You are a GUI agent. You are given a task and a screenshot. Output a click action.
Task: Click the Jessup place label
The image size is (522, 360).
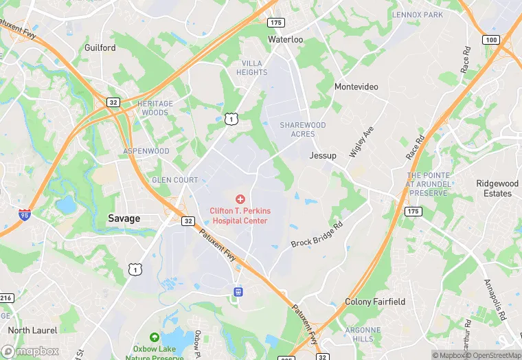tap(323, 155)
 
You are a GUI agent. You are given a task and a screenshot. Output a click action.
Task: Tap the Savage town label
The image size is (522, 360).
tap(124, 218)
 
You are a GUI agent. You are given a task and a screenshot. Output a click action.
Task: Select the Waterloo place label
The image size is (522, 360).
tap(285, 40)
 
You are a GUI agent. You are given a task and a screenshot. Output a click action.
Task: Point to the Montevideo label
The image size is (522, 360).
tap(356, 87)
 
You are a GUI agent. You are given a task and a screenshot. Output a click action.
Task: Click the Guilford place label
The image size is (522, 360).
tap(100, 48)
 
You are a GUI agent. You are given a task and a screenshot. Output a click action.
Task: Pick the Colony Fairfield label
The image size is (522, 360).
tap(375, 302)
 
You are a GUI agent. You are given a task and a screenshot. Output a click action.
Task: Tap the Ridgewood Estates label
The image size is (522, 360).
tap(497, 188)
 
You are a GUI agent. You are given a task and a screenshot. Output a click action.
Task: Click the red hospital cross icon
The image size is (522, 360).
tap(240, 199)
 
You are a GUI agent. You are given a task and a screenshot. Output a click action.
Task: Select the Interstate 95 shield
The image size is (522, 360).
tap(25, 215)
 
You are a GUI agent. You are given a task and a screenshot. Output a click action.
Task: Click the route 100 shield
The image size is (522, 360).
tap(490, 39)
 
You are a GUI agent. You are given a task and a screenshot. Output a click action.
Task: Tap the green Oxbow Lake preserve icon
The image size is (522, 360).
tap(155, 337)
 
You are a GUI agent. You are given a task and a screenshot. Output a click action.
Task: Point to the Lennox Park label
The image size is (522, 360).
tap(418, 14)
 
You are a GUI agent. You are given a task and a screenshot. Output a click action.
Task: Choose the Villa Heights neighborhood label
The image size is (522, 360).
tap(251, 67)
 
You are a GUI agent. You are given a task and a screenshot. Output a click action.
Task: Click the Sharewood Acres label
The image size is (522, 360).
tap(302, 129)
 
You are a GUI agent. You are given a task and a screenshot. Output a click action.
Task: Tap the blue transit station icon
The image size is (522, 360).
tap(238, 291)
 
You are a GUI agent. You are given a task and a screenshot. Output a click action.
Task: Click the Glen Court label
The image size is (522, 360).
tap(175, 180)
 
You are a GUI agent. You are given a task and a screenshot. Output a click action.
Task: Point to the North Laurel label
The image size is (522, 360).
tap(32, 330)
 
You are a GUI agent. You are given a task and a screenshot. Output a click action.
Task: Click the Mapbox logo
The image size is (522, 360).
tap(30, 350)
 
